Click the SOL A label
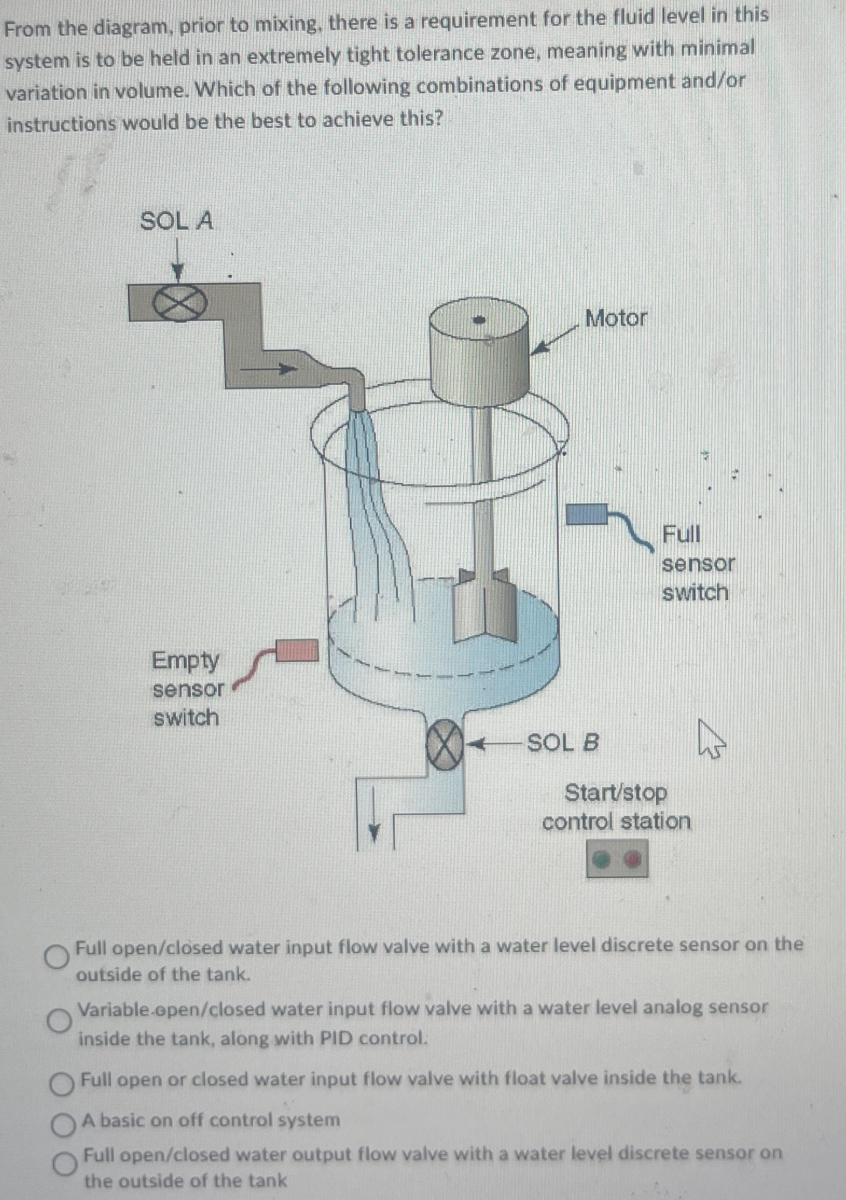point(177,221)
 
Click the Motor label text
point(616,318)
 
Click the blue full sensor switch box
point(587,515)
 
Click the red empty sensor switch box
point(295,650)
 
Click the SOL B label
point(563,744)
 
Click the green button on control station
point(602,860)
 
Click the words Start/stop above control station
point(616,793)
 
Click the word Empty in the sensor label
point(185,661)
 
